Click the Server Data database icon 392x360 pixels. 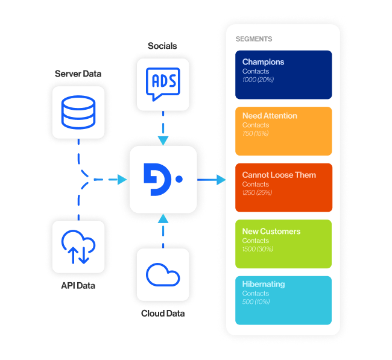(78, 112)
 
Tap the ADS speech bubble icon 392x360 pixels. (163, 84)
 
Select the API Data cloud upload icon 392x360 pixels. (78, 247)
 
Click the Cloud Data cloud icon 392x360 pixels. (163, 275)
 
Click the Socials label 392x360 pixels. (163, 46)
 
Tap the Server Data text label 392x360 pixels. (78, 74)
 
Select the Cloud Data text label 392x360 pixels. (163, 314)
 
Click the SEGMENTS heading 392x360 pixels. (253, 39)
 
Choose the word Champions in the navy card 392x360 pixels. (263, 62)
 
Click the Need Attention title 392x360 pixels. (270, 116)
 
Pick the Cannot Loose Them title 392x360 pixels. (279, 175)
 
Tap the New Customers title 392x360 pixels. (271, 231)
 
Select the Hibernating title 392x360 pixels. (263, 284)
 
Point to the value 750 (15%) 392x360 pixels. (255, 134)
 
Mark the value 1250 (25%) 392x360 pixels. (257, 193)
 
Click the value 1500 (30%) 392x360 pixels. (258, 249)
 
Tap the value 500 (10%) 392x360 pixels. (255, 302)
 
